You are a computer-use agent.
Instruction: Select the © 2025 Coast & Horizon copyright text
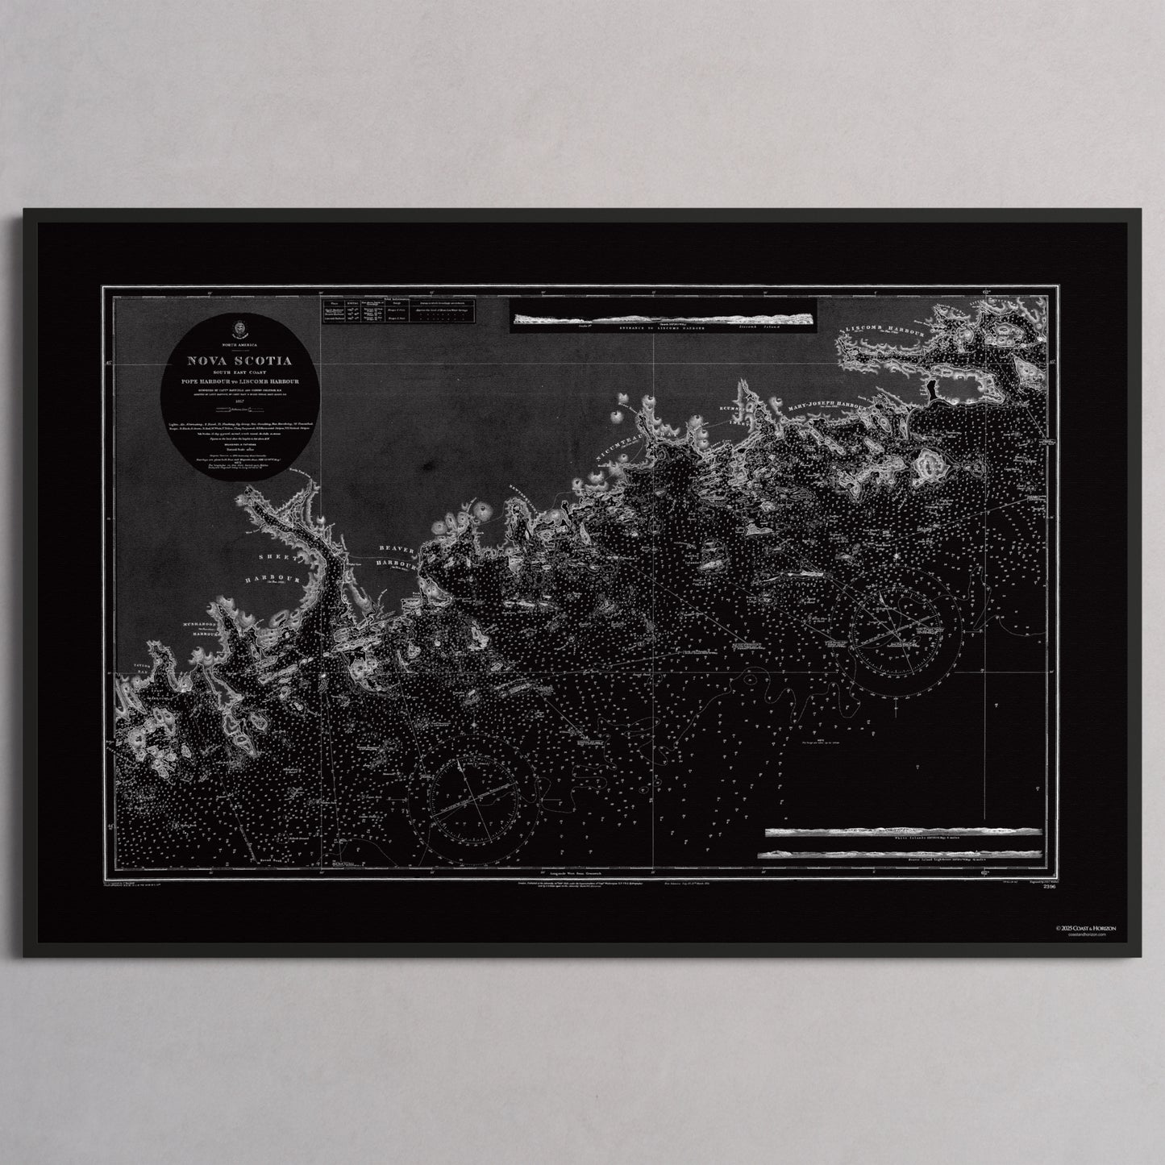(x=1099, y=928)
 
